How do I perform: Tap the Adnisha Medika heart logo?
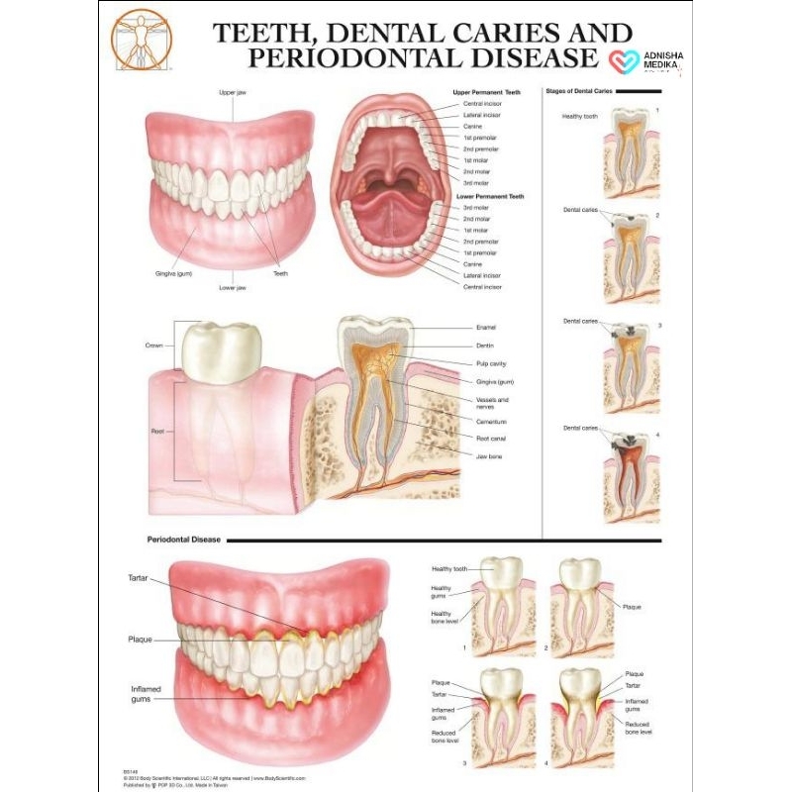click(623, 61)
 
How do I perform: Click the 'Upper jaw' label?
click(233, 92)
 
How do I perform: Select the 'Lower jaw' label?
click(233, 287)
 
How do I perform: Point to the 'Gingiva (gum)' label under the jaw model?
click(172, 272)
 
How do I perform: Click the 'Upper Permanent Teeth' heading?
click(486, 92)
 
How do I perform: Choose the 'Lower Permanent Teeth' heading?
click(488, 197)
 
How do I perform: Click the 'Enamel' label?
click(486, 327)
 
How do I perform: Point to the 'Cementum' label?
click(491, 422)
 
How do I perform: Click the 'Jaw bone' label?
click(490, 457)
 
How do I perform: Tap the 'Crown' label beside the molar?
click(154, 346)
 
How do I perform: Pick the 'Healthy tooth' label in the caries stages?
click(580, 116)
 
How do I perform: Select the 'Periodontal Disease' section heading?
click(183, 541)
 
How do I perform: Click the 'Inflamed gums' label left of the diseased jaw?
click(147, 693)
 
